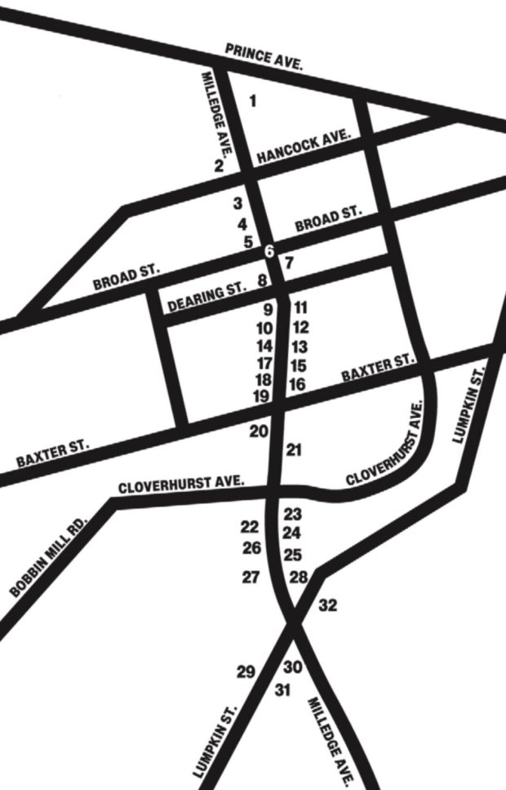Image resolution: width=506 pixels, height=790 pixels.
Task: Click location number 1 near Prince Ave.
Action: coord(252,101)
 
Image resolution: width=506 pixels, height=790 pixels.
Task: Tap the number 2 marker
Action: coord(219,166)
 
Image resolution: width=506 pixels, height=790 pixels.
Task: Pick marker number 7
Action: coord(287,263)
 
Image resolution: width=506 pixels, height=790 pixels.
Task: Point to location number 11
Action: coord(300,308)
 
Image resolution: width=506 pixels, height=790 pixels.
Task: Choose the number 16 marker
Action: coord(298,384)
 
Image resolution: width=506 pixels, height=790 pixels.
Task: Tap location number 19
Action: coord(262,397)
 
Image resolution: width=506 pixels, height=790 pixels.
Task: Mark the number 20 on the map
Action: coord(259,431)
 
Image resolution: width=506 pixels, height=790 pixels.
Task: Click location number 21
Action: coord(295,450)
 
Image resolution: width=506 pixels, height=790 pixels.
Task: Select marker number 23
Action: coord(293,514)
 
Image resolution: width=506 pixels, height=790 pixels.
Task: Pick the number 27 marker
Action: coord(251,577)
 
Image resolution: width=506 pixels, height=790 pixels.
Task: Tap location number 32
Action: coord(328,606)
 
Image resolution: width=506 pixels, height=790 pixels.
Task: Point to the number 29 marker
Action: coord(246,672)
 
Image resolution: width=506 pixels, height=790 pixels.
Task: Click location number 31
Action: coord(282,690)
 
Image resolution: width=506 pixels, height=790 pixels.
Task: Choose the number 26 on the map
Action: coord(251,548)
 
